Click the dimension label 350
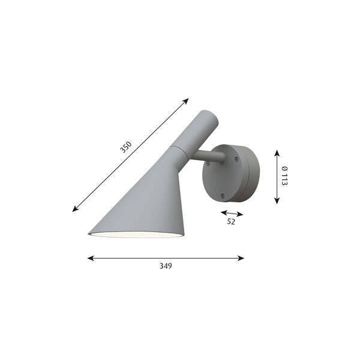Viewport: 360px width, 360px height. (125, 146)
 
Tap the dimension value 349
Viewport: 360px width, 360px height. (166, 266)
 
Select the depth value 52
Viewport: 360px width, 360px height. (232, 221)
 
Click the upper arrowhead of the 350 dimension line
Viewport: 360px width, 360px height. (187, 100)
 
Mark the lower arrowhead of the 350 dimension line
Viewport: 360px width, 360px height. (74, 210)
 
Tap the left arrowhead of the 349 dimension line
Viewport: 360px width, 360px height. (89, 259)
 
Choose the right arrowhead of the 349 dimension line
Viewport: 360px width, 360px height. (242, 259)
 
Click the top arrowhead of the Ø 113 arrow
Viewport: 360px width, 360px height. (277, 151)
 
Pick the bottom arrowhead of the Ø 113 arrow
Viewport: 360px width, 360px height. (277, 202)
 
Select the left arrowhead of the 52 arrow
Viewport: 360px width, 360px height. (222, 212)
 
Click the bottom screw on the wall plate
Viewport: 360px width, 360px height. (223, 194)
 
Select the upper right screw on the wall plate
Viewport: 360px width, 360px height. (236, 158)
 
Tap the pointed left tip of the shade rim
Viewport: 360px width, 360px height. (89, 234)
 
